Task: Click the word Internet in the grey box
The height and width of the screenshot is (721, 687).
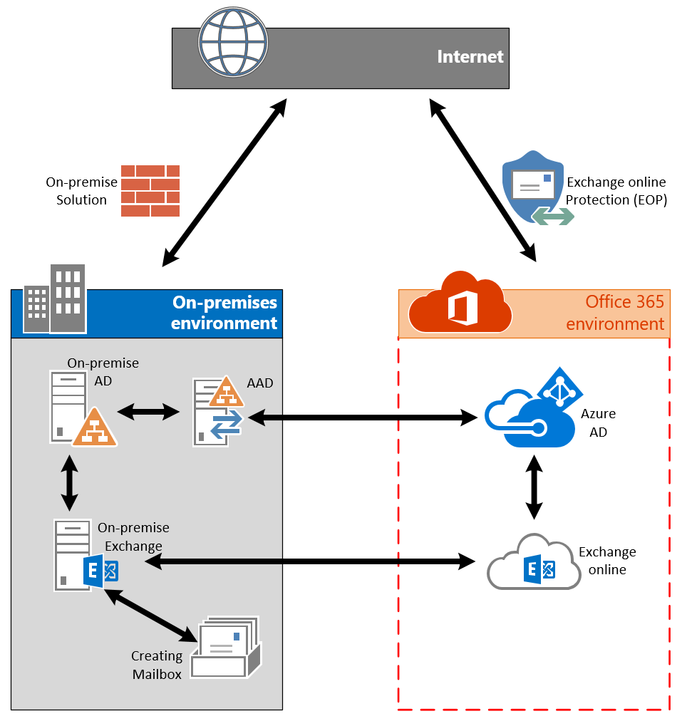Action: tap(470, 57)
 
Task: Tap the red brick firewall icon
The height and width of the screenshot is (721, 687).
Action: tap(150, 191)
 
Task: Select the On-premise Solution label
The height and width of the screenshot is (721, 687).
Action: tap(81, 191)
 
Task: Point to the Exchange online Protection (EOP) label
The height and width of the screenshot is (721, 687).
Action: tap(616, 191)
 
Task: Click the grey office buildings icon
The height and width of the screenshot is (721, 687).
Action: tap(55, 300)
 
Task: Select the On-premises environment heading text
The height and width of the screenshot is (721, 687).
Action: tap(224, 313)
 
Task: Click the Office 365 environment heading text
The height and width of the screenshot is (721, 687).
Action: tap(615, 313)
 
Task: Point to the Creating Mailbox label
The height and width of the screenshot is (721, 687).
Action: tap(157, 665)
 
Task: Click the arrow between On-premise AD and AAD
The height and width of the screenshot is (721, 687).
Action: tap(148, 411)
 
